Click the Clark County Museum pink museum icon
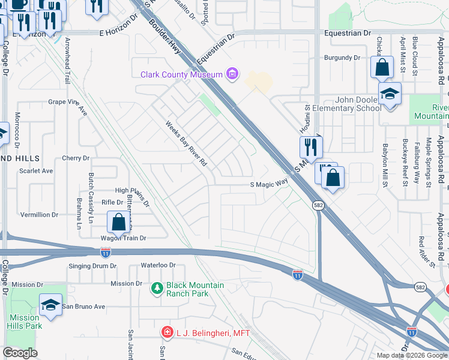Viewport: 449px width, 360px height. (232, 75)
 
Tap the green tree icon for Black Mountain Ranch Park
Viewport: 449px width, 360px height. (158, 289)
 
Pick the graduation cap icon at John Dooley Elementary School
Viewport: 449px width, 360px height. (390, 94)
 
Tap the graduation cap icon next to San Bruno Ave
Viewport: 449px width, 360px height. (51, 305)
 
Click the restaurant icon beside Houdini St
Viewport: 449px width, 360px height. (311, 146)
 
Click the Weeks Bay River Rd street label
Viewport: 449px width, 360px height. (187, 145)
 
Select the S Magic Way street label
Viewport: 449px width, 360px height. (270, 185)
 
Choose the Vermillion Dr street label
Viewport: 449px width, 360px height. (39, 214)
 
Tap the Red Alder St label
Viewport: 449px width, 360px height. (427, 251)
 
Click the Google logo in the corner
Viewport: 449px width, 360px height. (20, 353)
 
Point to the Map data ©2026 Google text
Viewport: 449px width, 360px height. (411, 355)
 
